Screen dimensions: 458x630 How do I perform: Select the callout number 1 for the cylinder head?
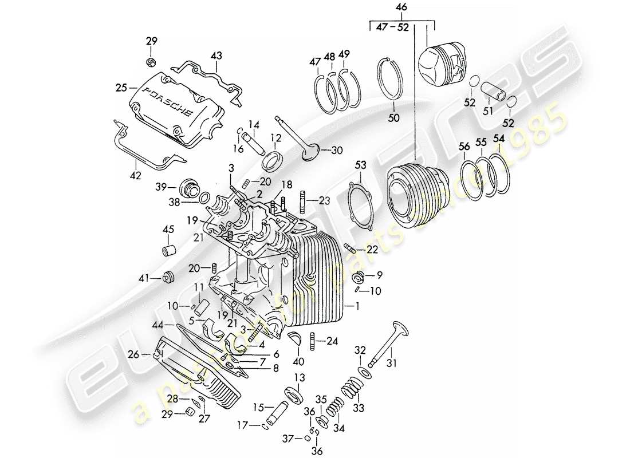point(358,307)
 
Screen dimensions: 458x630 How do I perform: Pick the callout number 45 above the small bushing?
point(168,230)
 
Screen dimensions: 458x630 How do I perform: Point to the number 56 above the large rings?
point(464,147)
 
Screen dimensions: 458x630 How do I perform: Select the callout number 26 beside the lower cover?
point(133,354)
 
